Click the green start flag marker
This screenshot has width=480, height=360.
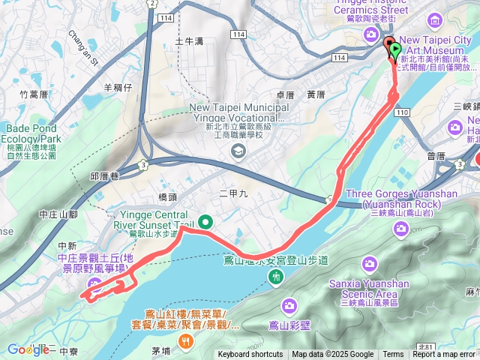(395, 49)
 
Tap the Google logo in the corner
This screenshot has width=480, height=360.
(28, 349)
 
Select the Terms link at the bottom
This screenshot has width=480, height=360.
(393, 355)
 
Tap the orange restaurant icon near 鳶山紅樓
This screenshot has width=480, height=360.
(185, 339)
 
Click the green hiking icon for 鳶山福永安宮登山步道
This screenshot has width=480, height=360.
(276, 277)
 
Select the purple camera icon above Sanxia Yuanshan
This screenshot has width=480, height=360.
(369, 264)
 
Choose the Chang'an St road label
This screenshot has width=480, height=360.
(83, 47)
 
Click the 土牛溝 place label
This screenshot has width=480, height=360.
(189, 41)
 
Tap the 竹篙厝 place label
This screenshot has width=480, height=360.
(34, 94)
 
